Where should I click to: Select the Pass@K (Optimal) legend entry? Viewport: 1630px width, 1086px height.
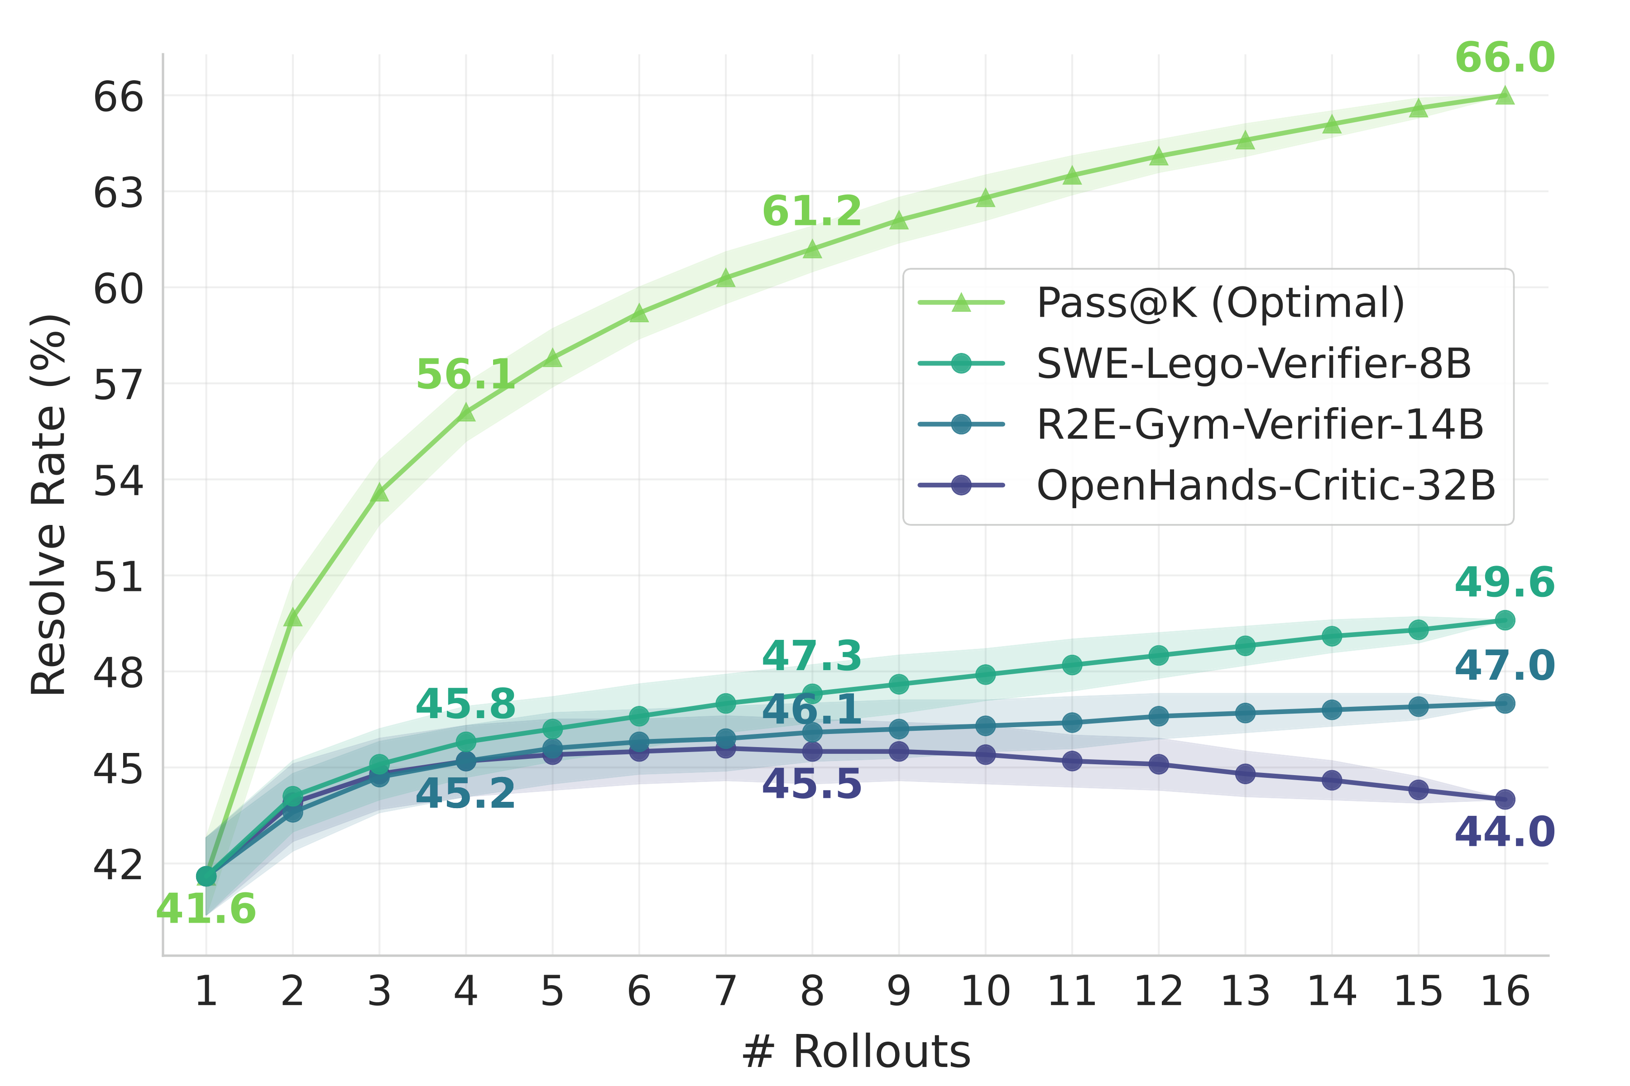pyautogui.click(x=1220, y=303)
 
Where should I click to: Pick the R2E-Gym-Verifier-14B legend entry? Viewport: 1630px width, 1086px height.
pyautogui.click(x=1260, y=424)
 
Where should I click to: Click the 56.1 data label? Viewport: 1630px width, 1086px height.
pyautogui.click(x=466, y=375)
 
